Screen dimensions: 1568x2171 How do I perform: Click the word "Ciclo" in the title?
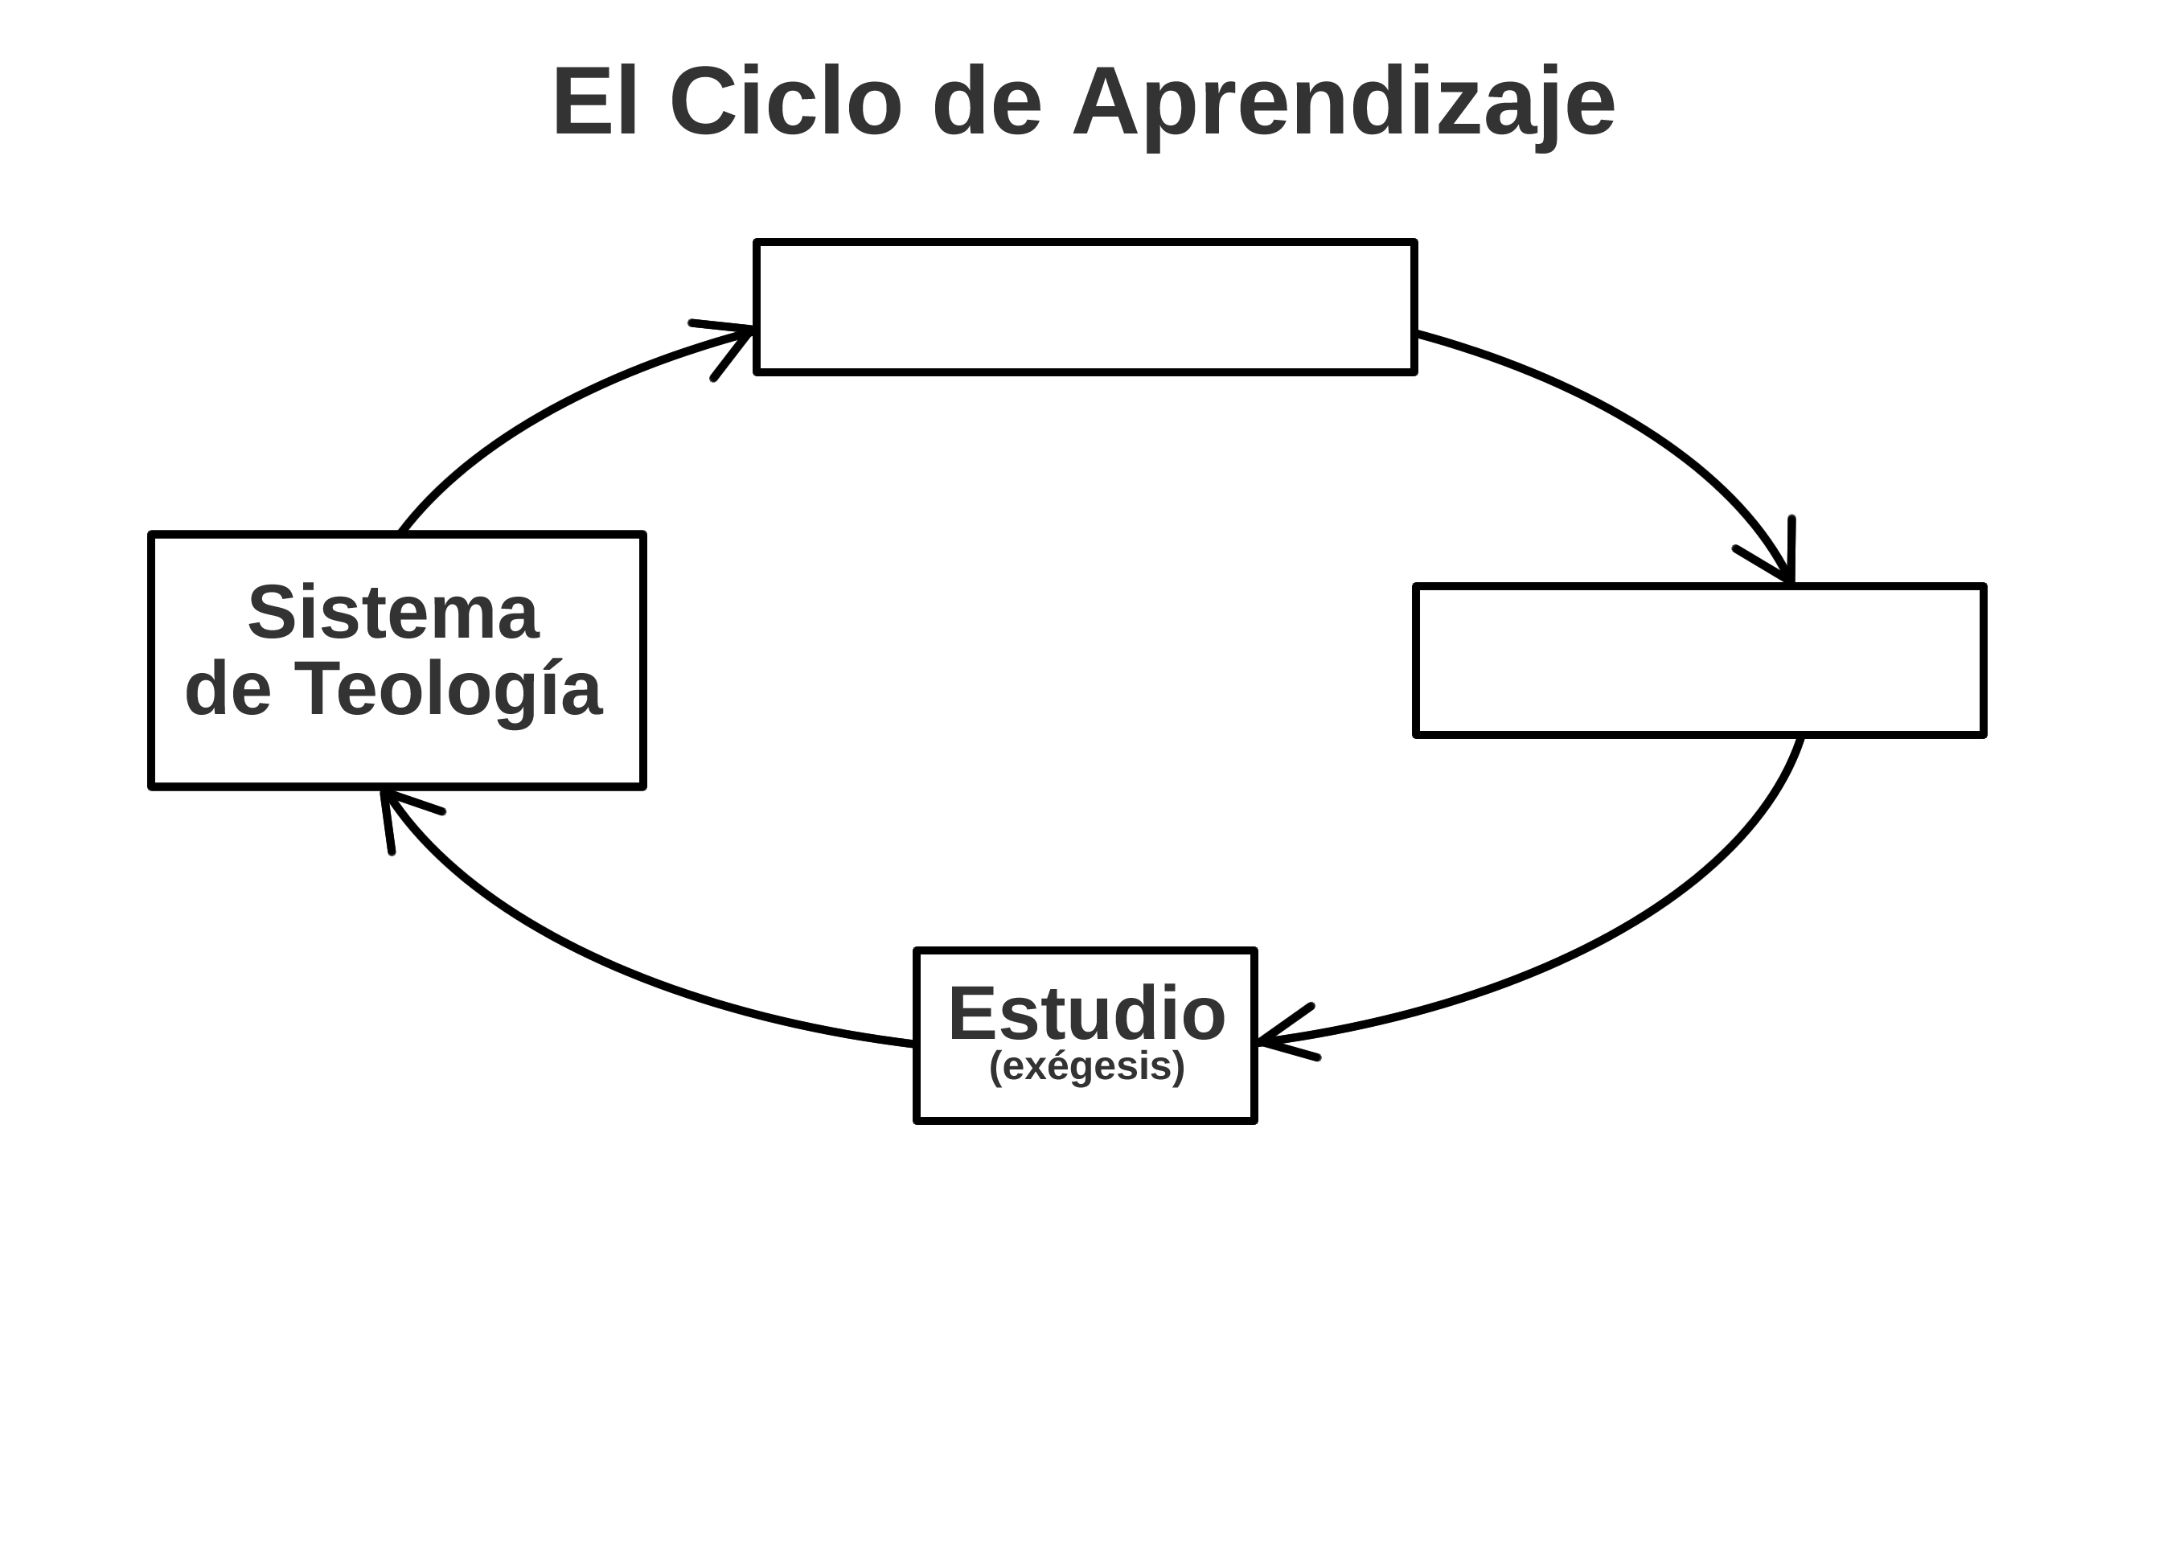[x=785, y=104]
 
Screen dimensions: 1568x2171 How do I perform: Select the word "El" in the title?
[x=594, y=104]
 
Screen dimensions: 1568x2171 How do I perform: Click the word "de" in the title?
[x=986, y=104]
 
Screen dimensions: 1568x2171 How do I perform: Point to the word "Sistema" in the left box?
[x=393, y=614]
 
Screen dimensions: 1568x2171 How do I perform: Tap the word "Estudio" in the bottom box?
[x=1086, y=1015]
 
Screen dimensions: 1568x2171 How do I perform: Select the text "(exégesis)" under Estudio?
[x=1086, y=1066]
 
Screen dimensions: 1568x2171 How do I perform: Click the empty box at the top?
[x=1085, y=307]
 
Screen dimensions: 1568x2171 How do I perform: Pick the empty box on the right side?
[x=1699, y=660]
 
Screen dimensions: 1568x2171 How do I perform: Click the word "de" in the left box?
[x=228, y=690]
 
